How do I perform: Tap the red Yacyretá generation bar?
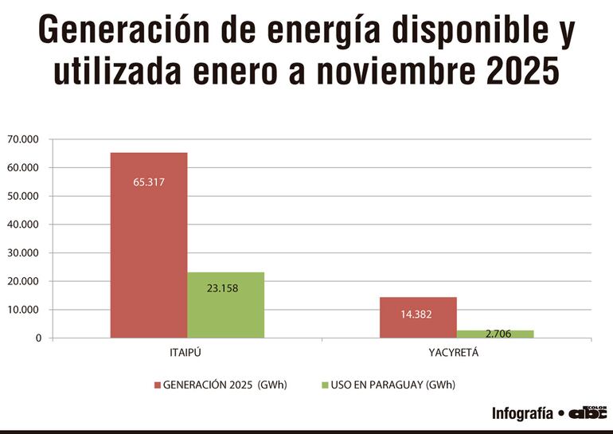[x=418, y=318]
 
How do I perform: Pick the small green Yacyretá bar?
[x=495, y=334]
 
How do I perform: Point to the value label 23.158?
[x=223, y=287]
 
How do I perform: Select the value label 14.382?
[x=417, y=314]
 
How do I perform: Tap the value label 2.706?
[x=494, y=333]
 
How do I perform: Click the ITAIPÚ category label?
[x=187, y=351]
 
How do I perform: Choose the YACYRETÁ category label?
[x=456, y=351]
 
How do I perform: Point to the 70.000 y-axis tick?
[x=24, y=139]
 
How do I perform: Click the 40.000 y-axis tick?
[x=24, y=225]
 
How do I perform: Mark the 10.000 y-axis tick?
[x=24, y=310]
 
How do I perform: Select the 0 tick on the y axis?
[x=37, y=338]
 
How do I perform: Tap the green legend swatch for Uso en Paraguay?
[x=325, y=385]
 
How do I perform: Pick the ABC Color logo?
[x=587, y=412]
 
